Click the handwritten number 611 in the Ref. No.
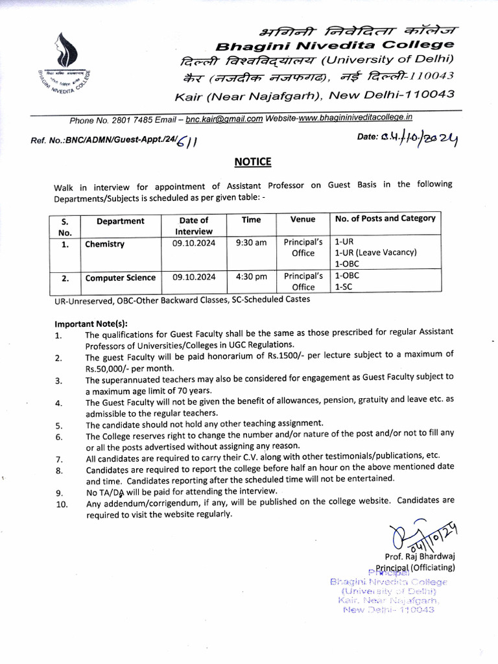pyautogui.click(x=188, y=141)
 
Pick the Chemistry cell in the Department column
pyautogui.click(x=104, y=244)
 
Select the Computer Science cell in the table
pyautogui.click(x=121, y=278)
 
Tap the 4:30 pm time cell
pyautogui.click(x=251, y=277)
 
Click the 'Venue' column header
pyautogui.click(x=303, y=220)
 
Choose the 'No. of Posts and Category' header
pyautogui.click(x=385, y=219)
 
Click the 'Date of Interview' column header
pyautogui.click(x=194, y=226)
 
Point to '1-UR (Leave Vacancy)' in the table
pyautogui.click(x=375, y=253)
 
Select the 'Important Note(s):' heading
pyautogui.click(x=91, y=324)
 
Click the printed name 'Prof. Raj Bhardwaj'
pyautogui.click(x=420, y=557)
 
